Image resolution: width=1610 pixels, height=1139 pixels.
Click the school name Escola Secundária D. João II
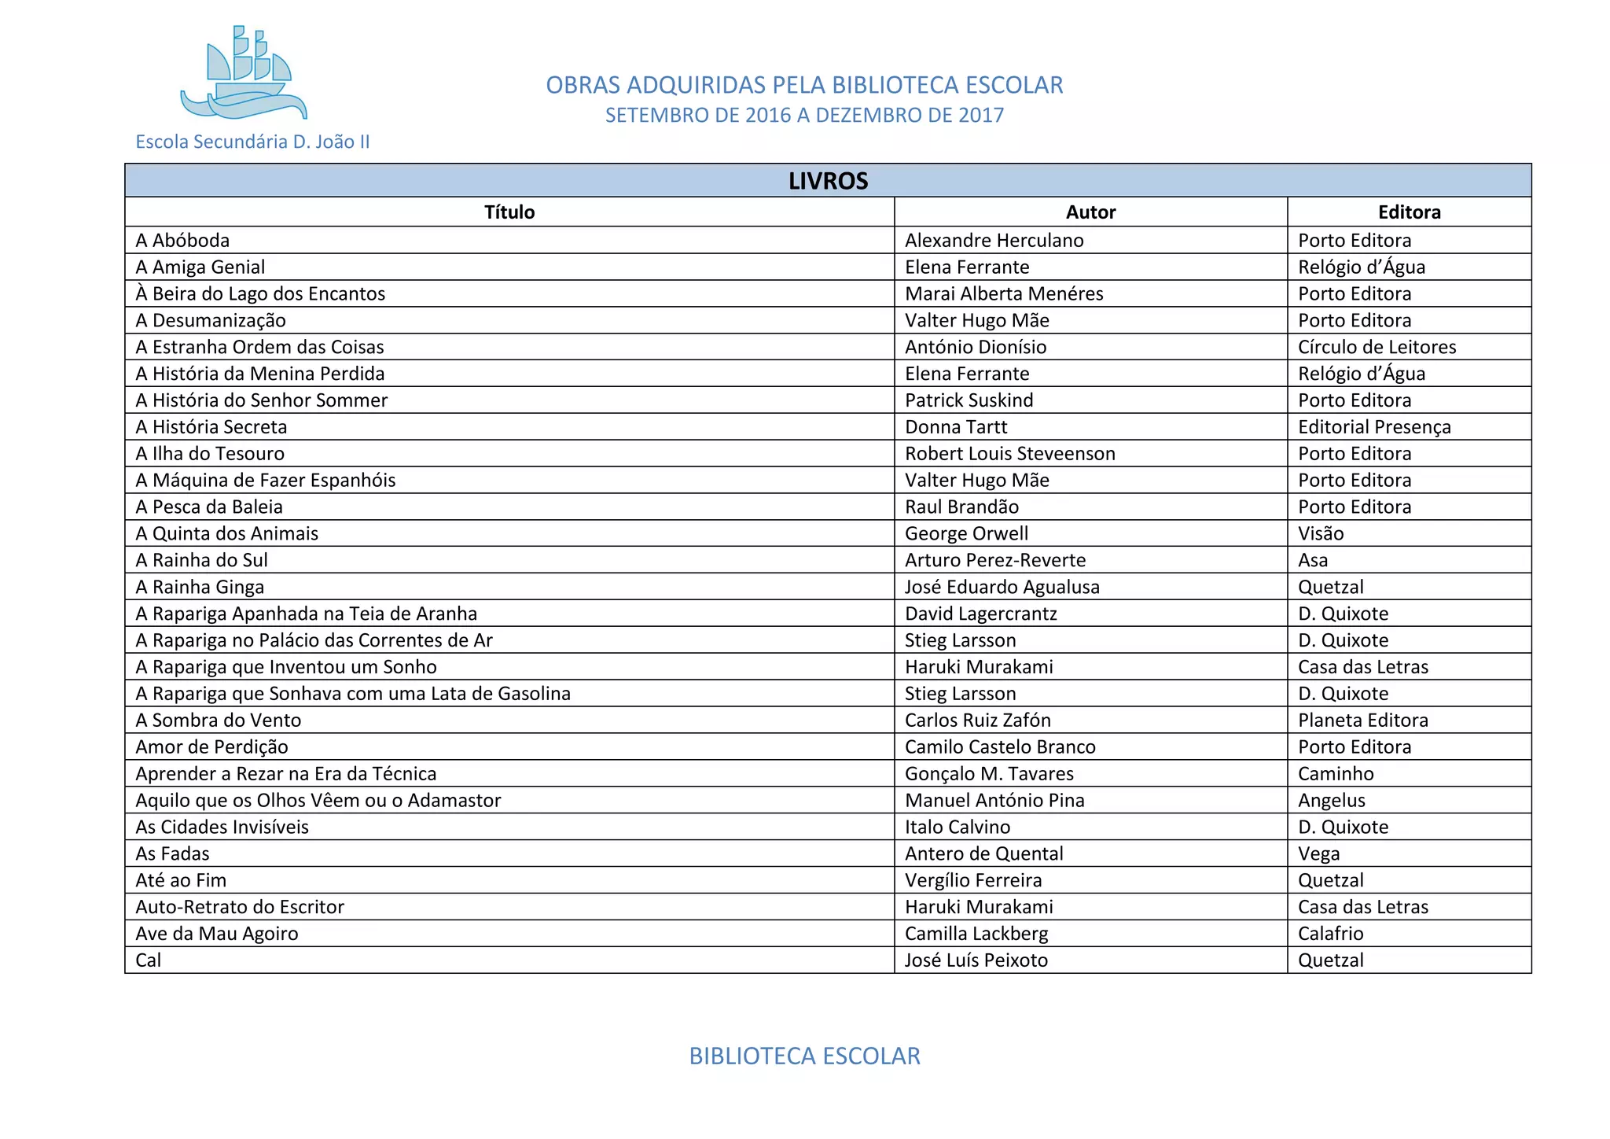(252, 142)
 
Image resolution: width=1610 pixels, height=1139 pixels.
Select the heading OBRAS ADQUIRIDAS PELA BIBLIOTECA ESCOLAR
(804, 85)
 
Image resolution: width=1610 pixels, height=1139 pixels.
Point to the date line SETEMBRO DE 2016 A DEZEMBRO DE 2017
(804, 116)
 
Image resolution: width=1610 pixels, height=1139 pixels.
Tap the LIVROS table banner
(828, 181)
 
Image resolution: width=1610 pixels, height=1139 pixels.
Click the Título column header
(509, 212)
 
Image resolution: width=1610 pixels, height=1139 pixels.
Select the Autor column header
(1090, 212)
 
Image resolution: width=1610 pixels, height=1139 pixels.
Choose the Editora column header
(1409, 212)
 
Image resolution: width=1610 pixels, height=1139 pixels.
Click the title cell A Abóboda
(182, 241)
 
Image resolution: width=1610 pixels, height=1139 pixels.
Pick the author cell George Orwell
(966, 533)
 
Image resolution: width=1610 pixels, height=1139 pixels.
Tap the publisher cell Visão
(1321, 533)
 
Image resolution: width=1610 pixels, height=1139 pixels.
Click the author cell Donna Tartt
(956, 427)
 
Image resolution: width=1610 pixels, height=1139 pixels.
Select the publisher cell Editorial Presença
(1374, 427)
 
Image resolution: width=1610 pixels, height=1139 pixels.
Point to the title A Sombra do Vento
(219, 721)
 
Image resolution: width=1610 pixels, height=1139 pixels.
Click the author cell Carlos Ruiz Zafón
(977, 721)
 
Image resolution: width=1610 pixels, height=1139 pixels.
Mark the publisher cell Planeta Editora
(1362, 721)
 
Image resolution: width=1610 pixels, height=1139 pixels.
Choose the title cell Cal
(149, 960)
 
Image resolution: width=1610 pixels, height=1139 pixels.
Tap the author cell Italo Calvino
(958, 827)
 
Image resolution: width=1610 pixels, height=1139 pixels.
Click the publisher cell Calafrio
(1330, 934)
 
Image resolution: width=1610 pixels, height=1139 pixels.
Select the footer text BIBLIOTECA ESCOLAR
(804, 1056)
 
